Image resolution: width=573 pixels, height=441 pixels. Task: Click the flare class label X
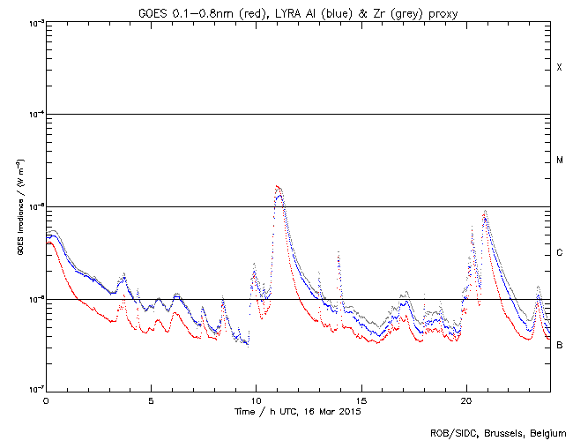(559, 68)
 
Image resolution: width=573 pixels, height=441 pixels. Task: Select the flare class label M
(560, 161)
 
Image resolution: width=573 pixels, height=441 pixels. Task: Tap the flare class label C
(560, 253)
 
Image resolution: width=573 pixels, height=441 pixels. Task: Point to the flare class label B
(560, 345)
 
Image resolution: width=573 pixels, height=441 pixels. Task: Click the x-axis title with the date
(298, 412)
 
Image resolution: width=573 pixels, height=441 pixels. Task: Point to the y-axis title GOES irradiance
(19, 206)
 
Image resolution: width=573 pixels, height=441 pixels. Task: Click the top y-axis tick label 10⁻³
(33, 22)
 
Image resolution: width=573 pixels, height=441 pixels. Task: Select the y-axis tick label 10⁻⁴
(33, 115)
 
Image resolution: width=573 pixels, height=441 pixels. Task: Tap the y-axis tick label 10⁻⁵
(33, 206)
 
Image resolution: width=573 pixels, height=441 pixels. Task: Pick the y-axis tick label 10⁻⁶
(33, 299)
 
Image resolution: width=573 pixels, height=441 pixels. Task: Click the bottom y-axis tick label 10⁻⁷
(33, 391)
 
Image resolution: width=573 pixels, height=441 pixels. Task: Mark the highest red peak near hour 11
(278, 186)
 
